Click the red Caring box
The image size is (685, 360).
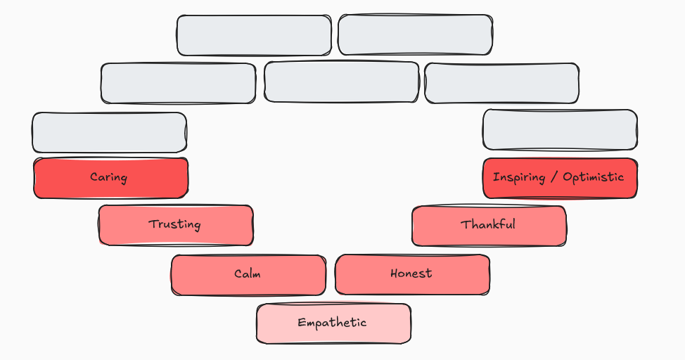pos(110,178)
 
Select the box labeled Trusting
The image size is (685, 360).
pos(175,225)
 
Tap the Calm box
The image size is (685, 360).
pos(248,274)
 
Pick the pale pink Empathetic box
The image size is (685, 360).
pos(333,323)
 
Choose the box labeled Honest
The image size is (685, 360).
pos(412,274)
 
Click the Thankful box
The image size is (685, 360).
pos(489,226)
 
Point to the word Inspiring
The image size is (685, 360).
pos(518,177)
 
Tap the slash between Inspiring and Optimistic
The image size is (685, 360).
pos(554,177)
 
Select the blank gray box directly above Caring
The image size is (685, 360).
pos(109,132)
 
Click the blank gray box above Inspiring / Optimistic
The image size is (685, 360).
pos(560,130)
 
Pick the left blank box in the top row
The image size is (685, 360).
pos(254,35)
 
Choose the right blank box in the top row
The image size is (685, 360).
pos(415,34)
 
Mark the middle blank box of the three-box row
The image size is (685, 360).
pos(342,82)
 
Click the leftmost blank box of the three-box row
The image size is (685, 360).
pos(178,84)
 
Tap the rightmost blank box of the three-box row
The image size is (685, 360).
pos(501,83)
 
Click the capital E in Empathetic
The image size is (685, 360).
pos(302,323)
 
